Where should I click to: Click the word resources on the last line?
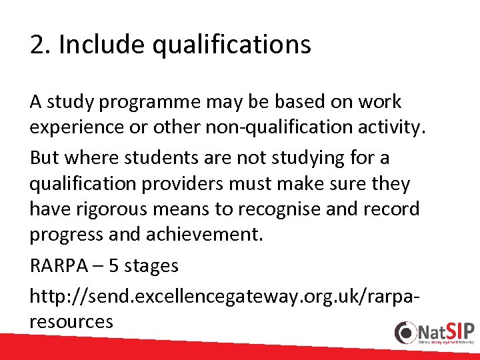(71, 321)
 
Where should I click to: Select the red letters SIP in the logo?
(459, 330)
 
